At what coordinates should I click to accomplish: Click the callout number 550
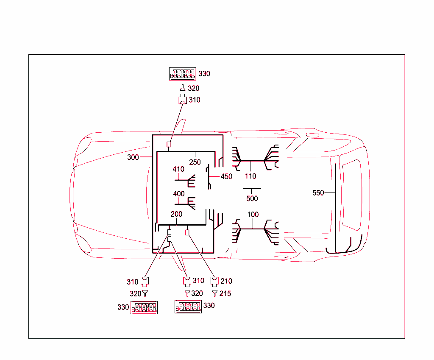318,193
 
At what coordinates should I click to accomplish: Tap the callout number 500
252,198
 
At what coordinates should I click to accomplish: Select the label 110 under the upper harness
250,176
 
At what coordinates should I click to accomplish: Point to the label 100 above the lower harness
253,215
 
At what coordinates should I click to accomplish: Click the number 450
226,176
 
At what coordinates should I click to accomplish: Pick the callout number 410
178,169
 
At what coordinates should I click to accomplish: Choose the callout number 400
179,194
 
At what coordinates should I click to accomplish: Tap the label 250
195,162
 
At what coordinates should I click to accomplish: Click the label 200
176,215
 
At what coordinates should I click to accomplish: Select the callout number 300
133,157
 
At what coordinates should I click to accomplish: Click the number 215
225,293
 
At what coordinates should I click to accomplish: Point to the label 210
226,281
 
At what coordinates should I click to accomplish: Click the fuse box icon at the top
183,74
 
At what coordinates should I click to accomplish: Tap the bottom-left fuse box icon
145,308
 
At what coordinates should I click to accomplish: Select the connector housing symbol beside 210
215,281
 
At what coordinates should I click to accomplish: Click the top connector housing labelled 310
182,100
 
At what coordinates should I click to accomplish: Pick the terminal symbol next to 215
215,293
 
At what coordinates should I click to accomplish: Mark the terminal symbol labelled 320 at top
182,88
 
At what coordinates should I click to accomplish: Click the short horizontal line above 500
252,188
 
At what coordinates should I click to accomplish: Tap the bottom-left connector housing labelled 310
145,281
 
